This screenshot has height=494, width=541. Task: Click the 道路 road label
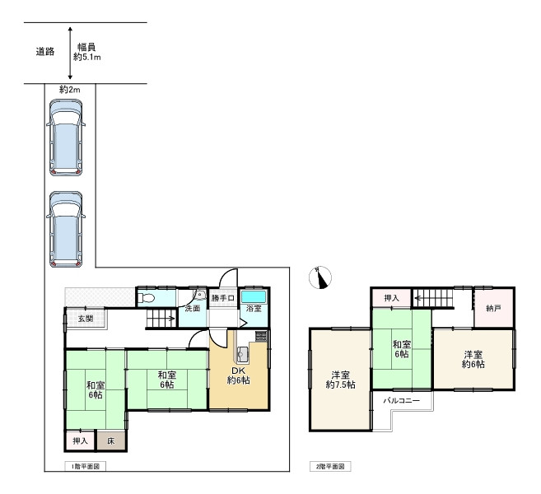point(45,52)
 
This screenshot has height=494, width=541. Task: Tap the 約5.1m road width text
point(87,58)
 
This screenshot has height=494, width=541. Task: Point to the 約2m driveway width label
point(70,90)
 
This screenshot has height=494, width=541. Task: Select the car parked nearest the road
point(66,137)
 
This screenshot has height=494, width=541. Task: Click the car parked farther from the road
point(66,229)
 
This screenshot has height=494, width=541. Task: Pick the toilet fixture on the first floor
point(146,298)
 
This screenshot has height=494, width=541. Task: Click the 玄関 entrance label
point(86,319)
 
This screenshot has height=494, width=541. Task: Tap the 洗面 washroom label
point(193,309)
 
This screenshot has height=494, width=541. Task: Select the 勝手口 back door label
point(223,298)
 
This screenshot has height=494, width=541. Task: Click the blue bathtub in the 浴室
point(254,296)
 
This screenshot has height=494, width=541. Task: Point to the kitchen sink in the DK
point(243,353)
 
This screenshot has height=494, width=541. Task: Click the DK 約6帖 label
point(239,375)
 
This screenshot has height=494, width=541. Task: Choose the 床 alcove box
point(111,440)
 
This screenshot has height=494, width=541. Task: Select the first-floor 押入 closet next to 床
point(80,440)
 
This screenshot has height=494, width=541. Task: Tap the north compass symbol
point(320,277)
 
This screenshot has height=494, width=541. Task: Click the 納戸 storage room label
point(493,309)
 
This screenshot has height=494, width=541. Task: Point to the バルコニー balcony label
point(402,401)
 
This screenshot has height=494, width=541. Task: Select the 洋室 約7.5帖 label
point(341,380)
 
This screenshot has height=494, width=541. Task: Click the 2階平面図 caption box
point(330,467)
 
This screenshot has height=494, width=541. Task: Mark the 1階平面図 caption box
point(85,467)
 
